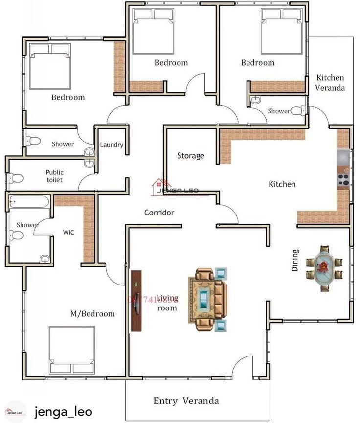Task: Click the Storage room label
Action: coord(191,156)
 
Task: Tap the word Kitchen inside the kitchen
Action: coord(282,184)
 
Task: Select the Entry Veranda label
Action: coord(186,401)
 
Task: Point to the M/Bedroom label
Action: coord(92,314)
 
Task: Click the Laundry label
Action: coord(112,145)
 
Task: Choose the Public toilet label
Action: coord(54,176)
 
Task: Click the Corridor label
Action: coord(159,213)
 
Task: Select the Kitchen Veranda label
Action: coord(331,83)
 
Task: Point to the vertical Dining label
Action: coord(295,261)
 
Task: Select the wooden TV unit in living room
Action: coord(135,301)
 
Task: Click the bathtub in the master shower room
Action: coord(29,201)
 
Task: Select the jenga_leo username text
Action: coord(63,412)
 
